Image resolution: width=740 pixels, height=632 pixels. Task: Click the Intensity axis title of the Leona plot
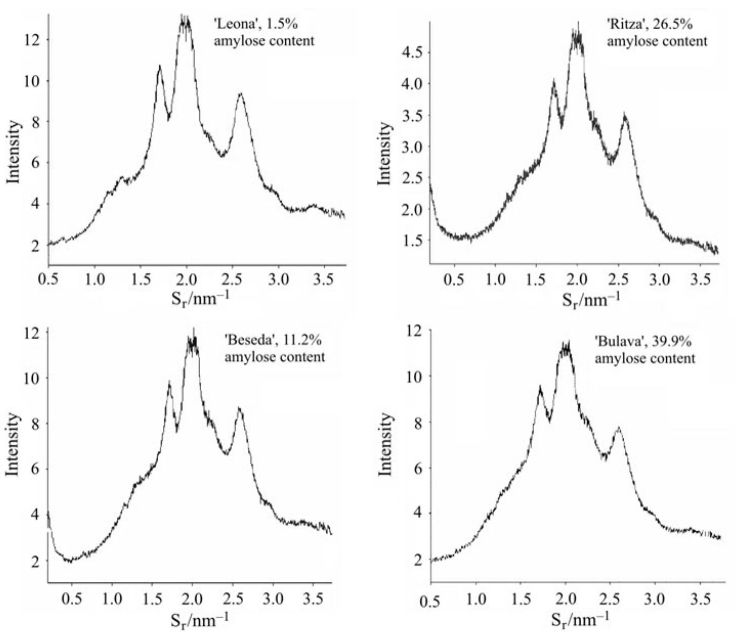coord(14,152)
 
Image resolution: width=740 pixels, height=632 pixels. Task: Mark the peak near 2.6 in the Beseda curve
coord(239,408)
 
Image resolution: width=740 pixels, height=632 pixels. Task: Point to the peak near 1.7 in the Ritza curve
coord(554,81)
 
